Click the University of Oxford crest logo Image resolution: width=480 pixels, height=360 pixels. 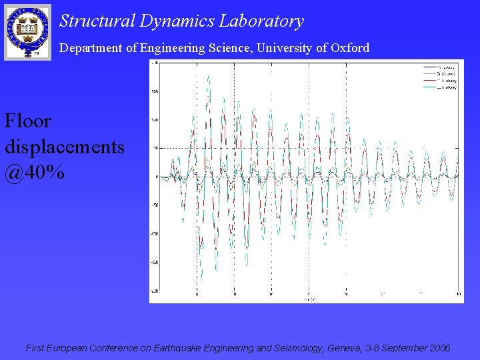27,31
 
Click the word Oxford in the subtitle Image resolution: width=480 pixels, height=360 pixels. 350,48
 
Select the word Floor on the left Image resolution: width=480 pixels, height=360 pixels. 27,121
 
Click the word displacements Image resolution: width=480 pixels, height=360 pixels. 64,147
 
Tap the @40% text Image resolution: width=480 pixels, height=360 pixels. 35,173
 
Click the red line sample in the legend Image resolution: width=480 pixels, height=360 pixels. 429,81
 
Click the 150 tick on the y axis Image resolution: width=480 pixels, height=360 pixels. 154,91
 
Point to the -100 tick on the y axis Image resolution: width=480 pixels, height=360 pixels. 153,234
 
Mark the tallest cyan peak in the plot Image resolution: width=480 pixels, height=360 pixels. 209,75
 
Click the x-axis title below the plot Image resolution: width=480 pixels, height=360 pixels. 308,299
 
